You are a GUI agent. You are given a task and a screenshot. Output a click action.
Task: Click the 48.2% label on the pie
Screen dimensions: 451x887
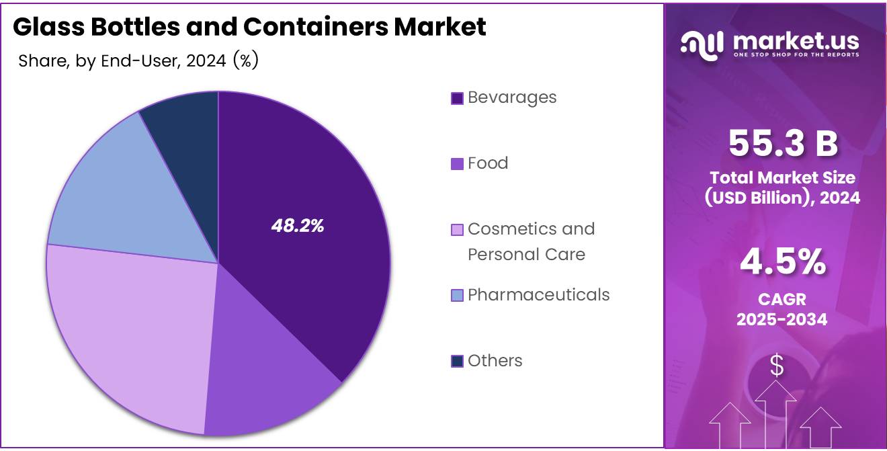tap(298, 227)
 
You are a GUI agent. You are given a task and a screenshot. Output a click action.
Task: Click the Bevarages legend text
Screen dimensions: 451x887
tap(512, 97)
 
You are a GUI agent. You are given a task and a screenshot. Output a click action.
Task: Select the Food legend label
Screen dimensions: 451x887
tap(488, 163)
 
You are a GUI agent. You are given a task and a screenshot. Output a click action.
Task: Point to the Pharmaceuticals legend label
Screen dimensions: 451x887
tap(538, 295)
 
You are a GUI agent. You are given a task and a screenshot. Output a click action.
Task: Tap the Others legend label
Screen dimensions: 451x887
tap(495, 361)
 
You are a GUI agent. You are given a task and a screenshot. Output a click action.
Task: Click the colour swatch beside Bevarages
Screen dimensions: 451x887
tap(457, 98)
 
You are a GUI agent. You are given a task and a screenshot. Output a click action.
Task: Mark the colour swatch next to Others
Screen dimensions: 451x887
tap(457, 362)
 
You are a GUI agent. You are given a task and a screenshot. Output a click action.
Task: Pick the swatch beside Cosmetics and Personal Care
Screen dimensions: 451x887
tap(457, 230)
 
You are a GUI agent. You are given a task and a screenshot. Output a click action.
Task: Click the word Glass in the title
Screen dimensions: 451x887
tap(48, 27)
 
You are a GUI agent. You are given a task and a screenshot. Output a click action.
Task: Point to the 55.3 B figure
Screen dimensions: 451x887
tap(783, 143)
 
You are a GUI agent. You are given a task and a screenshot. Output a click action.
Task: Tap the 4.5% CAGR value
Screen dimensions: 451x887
tap(783, 262)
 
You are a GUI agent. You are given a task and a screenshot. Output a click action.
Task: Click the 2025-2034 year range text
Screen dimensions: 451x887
tap(782, 320)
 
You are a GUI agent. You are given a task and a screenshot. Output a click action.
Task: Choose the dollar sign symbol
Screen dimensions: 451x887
tap(777, 366)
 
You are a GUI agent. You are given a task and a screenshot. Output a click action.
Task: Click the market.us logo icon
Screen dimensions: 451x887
tap(702, 44)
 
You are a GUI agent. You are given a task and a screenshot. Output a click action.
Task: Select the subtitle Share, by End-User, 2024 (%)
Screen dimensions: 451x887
tap(138, 61)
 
